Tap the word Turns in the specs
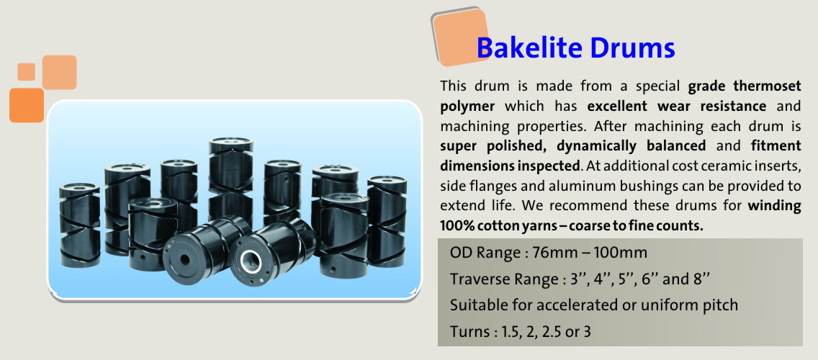467,331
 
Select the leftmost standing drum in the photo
79,225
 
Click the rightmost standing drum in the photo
387,221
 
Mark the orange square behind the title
460,37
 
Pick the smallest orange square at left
26,71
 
